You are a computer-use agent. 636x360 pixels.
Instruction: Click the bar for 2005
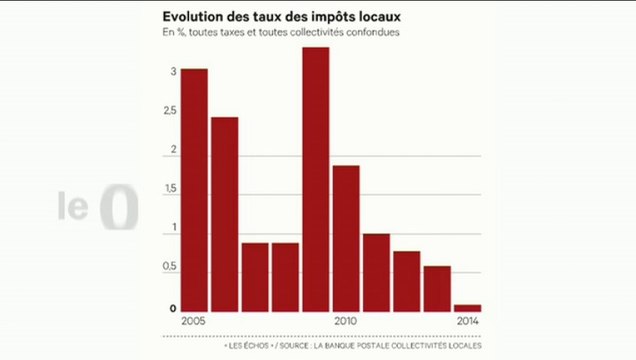point(194,190)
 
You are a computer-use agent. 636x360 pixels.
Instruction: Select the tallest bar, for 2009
point(316,180)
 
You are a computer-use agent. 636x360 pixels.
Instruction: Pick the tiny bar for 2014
point(467,308)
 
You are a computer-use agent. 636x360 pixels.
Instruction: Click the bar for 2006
point(224,214)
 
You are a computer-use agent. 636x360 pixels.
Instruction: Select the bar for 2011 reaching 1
point(376,272)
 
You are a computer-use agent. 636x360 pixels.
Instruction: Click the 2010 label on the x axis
point(346,321)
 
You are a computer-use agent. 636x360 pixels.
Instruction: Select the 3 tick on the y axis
point(173,72)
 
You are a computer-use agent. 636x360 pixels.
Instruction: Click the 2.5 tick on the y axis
point(173,111)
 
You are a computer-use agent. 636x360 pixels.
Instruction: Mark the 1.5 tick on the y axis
point(173,189)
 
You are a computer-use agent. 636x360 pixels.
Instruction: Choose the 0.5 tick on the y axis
point(173,268)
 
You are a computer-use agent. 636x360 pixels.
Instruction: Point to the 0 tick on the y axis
point(173,307)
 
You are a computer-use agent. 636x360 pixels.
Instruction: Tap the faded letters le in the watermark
point(74,208)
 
